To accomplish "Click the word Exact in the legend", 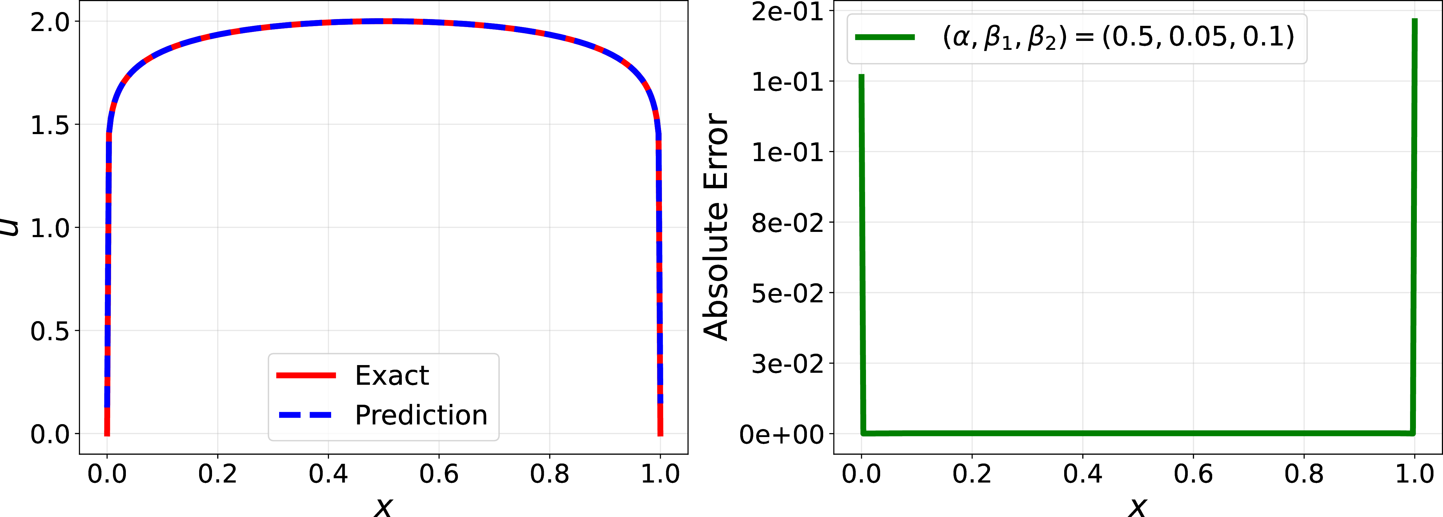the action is [x=392, y=375].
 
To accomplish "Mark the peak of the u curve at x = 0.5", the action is [x=384, y=21].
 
